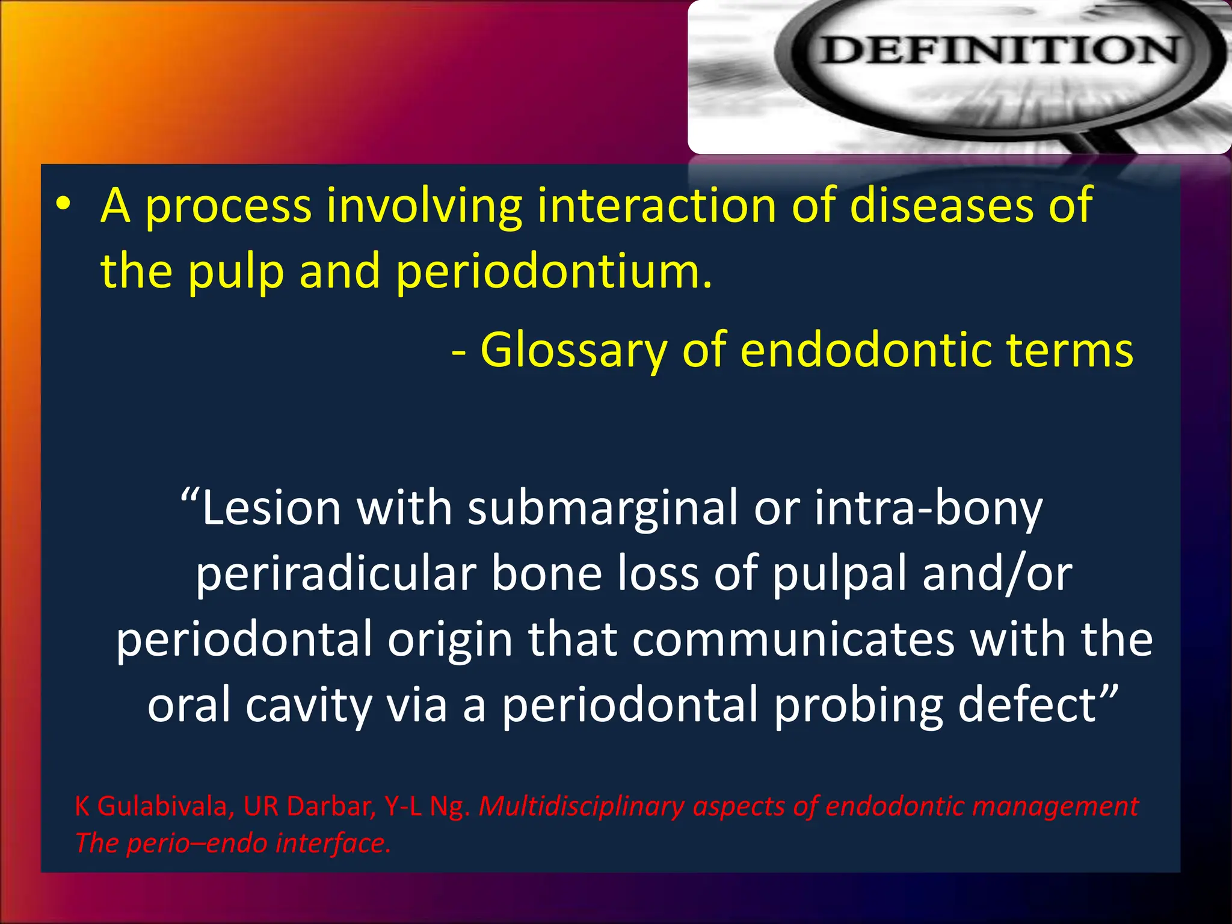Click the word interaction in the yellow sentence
coord(656,206)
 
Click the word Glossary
coord(574,350)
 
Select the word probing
coord(858,705)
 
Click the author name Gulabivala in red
coord(162,806)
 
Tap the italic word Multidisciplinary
coord(581,806)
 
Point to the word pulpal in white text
coord(839,574)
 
